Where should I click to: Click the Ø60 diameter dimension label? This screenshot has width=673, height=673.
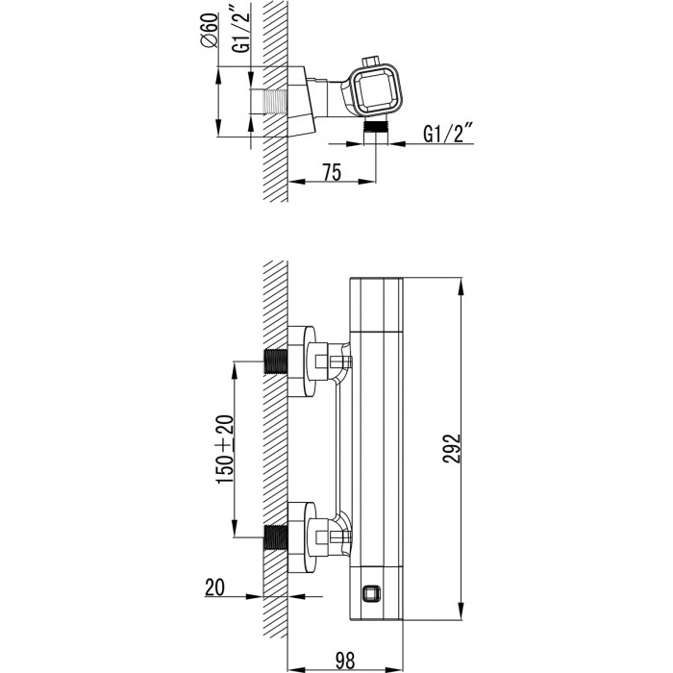pos(209,31)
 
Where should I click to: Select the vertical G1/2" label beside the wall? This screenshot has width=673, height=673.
pos(241,32)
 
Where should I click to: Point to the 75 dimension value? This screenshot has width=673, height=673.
pos(333,172)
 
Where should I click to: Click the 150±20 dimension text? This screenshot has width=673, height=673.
pos(225,449)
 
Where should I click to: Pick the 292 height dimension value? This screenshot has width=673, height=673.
pos(451,449)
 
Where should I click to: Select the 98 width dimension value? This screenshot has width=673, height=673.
pos(344,661)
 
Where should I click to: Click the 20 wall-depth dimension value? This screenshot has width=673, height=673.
pos(214,587)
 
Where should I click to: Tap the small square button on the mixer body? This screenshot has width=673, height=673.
pos(371,594)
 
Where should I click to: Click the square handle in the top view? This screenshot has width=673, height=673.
pos(376,90)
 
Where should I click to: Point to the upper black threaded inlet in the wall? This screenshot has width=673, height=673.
pos(275,361)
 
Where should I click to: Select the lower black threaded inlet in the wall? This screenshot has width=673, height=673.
pos(275,537)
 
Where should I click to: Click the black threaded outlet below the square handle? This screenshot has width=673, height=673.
pos(376,126)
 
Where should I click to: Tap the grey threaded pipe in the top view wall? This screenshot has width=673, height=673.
pos(274,102)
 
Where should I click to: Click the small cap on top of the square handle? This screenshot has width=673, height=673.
pos(372,61)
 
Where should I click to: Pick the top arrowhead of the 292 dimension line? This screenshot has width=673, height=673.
pos(461,287)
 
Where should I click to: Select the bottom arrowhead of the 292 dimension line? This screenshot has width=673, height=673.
pos(461,611)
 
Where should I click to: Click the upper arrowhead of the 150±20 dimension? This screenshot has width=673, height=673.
pos(235,370)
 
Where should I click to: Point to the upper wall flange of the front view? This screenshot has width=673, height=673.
pos(301,361)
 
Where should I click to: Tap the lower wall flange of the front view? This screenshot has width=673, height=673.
pos(301,537)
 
